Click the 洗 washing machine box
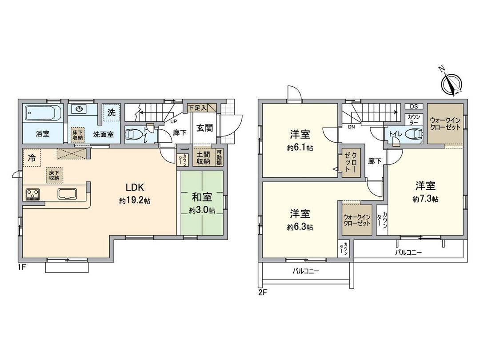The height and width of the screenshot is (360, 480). click(x=110, y=113)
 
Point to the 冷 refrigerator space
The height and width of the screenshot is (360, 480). click(x=32, y=157)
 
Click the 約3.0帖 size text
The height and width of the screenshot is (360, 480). click(x=202, y=210)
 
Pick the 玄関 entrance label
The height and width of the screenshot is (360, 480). click(x=204, y=128)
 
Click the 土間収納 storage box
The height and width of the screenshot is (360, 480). click(x=204, y=158)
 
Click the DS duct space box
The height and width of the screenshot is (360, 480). click(x=414, y=106)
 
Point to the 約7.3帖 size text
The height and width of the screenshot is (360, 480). click(x=425, y=199)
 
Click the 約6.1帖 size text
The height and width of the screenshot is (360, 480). click(x=300, y=148)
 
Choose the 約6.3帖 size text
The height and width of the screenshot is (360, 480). click(x=300, y=227)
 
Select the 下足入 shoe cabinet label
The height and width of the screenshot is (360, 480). click(x=196, y=107)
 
